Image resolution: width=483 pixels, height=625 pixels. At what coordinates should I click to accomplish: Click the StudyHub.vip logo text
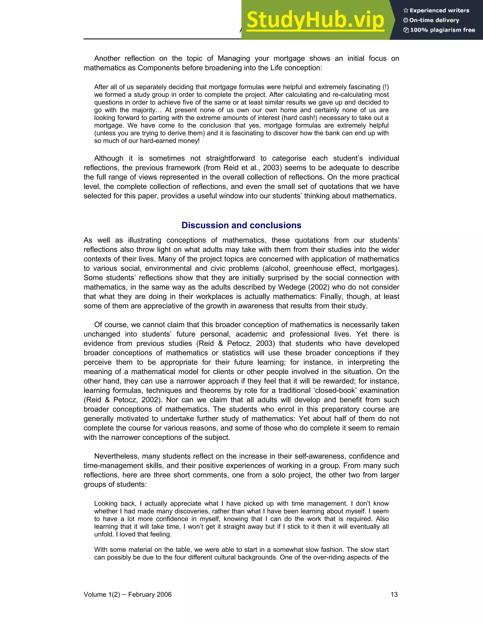(x=315, y=20)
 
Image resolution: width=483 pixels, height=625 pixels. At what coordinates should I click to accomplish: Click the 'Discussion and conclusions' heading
(x=241, y=225)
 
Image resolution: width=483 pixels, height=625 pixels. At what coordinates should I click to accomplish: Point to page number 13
(x=394, y=594)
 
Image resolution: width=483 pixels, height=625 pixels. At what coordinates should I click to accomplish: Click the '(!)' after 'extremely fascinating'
(x=385, y=87)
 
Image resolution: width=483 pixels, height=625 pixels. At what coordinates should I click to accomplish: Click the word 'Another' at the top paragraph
(x=107, y=58)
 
